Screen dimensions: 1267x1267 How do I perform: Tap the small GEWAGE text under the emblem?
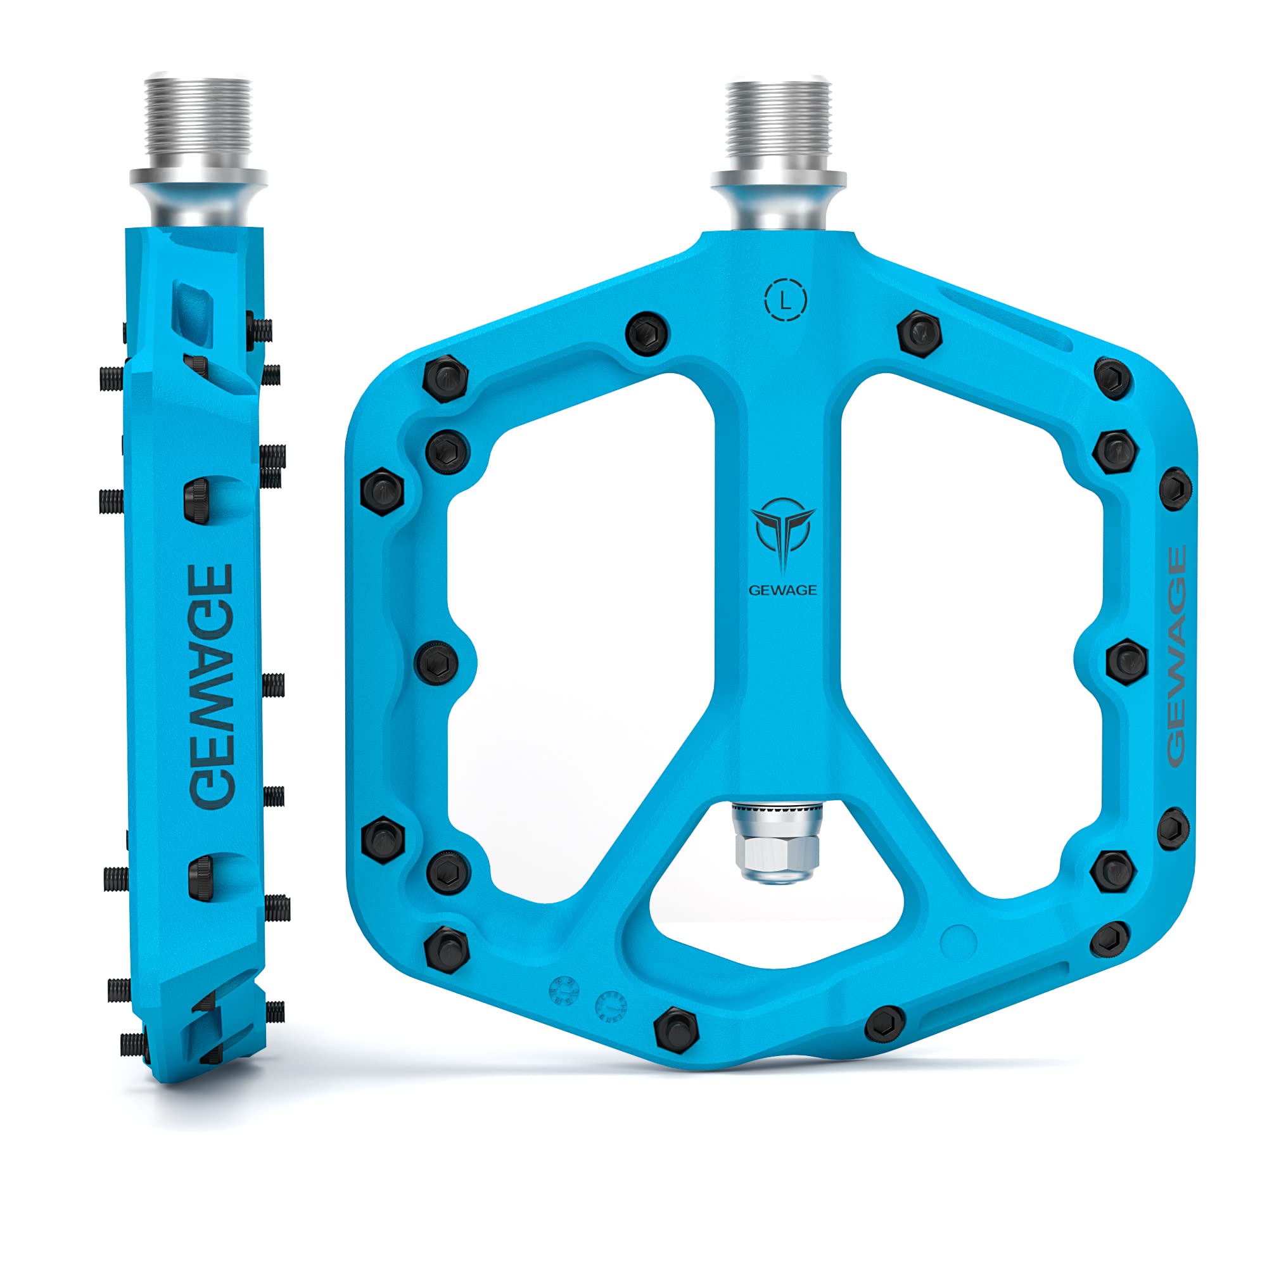(783, 590)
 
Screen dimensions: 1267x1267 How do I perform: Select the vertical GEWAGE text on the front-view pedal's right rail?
(1176, 656)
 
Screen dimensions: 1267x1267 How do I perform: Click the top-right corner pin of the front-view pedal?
(1114, 378)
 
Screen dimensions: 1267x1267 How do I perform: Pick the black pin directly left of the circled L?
(648, 334)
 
